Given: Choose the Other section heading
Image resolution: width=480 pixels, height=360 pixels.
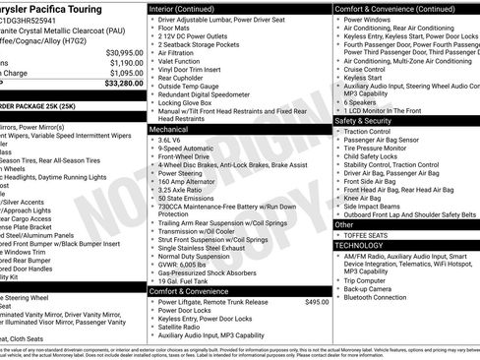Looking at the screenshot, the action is pyautogui.click(x=345, y=224).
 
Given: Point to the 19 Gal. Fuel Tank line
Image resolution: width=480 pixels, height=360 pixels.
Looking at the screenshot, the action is pyautogui.click(x=188, y=280).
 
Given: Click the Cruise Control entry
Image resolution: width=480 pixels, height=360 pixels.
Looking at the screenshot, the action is pyautogui.click(x=365, y=70).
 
